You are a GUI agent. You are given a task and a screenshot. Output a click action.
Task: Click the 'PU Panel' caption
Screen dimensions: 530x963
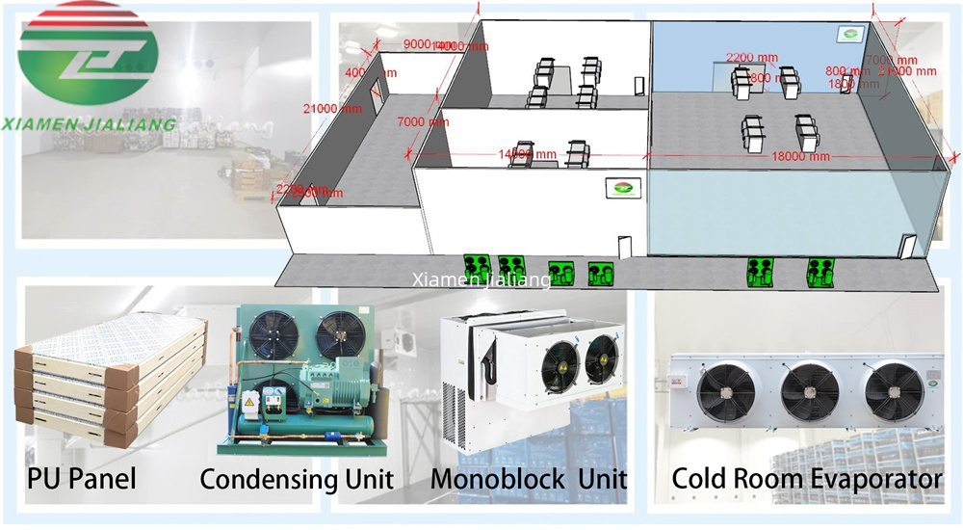(82, 478)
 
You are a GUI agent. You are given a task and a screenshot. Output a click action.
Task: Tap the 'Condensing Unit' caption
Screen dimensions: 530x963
(297, 478)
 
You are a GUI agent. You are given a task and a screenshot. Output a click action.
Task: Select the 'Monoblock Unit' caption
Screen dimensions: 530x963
(529, 478)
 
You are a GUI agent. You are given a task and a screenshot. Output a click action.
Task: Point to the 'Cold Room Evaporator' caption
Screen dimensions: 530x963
(806, 478)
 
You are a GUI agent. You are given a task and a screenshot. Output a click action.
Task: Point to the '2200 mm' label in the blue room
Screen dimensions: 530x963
(745, 57)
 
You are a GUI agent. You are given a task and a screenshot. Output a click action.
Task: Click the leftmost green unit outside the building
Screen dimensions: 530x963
(477, 266)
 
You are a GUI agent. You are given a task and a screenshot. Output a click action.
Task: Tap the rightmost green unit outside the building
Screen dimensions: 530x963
(821, 273)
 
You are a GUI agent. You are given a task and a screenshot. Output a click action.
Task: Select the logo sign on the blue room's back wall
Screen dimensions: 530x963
(849, 36)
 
